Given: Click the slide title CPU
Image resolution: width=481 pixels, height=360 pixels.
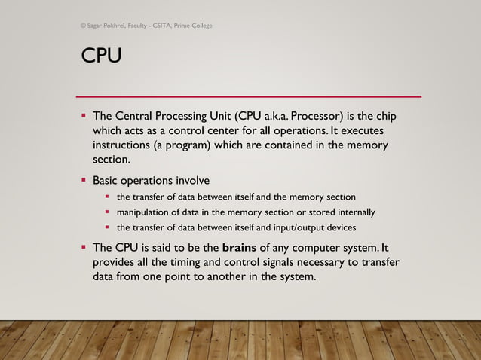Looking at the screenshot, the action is click(x=101, y=55).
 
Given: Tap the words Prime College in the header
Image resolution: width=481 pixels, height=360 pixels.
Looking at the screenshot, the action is click(x=193, y=26).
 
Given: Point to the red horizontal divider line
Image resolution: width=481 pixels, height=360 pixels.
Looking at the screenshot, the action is click(x=249, y=97).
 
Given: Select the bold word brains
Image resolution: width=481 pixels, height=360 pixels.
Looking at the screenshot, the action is click(x=239, y=247).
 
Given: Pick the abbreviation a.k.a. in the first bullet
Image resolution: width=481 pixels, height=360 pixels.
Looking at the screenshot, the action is click(x=275, y=116).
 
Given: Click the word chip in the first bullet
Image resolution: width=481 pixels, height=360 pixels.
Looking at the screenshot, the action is click(x=386, y=117).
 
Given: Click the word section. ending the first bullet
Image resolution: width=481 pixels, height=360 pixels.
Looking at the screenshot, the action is click(x=112, y=160).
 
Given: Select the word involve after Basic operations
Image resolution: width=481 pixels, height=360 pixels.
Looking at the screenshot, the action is click(x=193, y=180).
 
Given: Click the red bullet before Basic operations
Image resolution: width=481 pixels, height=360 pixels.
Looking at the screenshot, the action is click(x=84, y=179).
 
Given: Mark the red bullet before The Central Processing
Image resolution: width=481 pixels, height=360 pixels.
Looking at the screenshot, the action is click(x=84, y=115).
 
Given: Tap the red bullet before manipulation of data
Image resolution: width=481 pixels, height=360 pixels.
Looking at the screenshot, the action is click(x=107, y=212).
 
